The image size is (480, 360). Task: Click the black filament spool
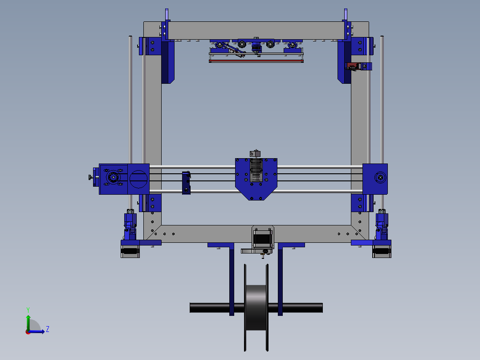(x=256, y=307)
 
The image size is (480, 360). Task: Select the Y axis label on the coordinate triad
(x=28, y=309)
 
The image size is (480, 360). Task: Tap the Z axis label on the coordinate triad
(x=47, y=329)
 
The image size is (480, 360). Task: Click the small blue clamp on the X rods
(x=186, y=183)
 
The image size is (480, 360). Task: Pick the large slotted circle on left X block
(x=138, y=179)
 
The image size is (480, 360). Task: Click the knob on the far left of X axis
(x=91, y=178)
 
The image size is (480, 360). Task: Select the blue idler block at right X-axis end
(x=375, y=178)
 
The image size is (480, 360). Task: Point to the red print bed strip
(x=256, y=61)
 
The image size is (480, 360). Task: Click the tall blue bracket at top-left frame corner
(x=167, y=62)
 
